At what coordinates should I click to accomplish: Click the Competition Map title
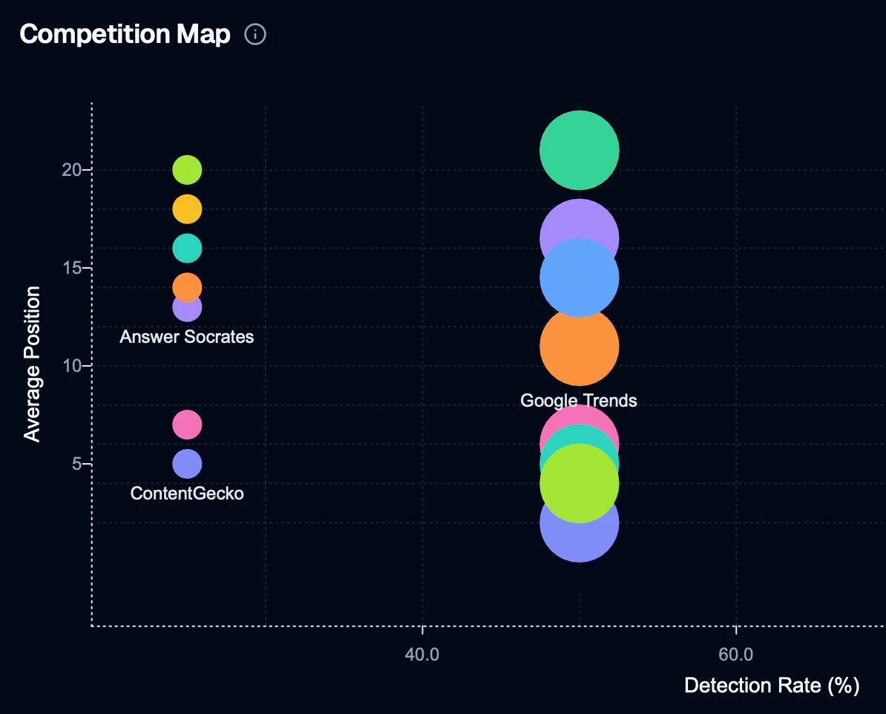(125, 34)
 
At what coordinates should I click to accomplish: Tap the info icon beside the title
(255, 34)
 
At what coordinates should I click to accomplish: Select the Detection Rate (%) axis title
(771, 685)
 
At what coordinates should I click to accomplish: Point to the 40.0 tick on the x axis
(422, 654)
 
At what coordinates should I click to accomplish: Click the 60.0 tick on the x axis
(736, 654)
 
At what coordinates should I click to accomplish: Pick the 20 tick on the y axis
(71, 170)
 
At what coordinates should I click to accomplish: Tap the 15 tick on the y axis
(71, 268)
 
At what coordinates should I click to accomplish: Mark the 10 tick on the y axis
(71, 366)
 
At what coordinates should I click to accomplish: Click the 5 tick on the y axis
(76, 464)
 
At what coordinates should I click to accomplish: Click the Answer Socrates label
(187, 337)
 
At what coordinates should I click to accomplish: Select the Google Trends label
(579, 401)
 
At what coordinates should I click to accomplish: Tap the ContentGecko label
(187, 494)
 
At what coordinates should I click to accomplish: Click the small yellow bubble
(187, 209)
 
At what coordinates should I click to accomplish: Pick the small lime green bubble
(187, 170)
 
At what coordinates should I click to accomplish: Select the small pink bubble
(187, 425)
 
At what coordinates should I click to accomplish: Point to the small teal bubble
(187, 248)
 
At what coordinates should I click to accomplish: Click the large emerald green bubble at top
(579, 150)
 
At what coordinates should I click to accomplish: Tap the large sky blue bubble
(579, 278)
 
